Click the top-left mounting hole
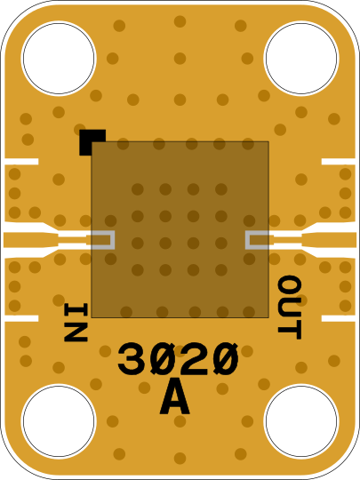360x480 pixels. pos(59,58)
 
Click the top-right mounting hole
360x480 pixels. pos(301,58)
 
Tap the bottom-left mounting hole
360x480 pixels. pos(59,421)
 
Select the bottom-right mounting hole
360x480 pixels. pos(301,421)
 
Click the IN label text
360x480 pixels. pos(76,322)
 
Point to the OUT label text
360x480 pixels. pos(289,308)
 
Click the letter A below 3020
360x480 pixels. pos(174,396)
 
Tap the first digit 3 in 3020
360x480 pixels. pos(132,359)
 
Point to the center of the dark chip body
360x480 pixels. pos(180,229)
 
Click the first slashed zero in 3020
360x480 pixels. pos(164,359)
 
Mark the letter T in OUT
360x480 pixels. pos(289,330)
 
